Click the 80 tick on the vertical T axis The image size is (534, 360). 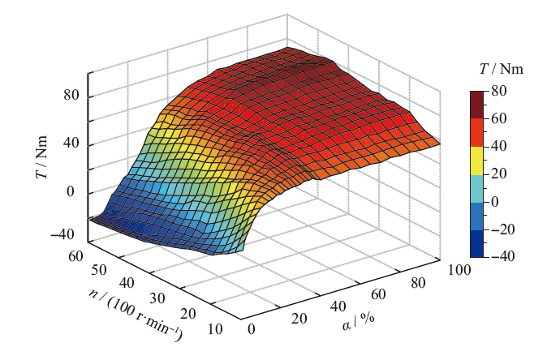[71, 96]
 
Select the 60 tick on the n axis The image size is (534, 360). [75, 257]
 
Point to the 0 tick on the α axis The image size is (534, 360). [252, 329]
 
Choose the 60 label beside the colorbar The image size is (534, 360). [497, 119]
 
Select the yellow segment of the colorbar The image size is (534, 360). [477, 160]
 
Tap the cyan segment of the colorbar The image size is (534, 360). [477, 187]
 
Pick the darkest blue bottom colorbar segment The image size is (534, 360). [477, 243]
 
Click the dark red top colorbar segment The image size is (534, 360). [477, 105]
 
